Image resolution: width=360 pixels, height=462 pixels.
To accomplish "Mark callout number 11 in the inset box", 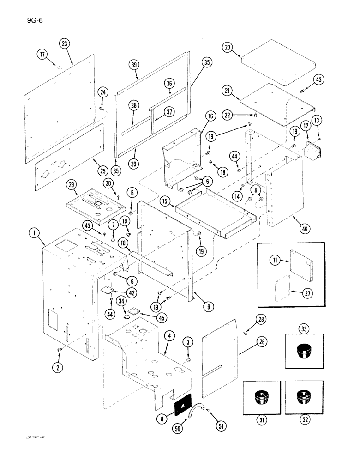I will click(x=274, y=261).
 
